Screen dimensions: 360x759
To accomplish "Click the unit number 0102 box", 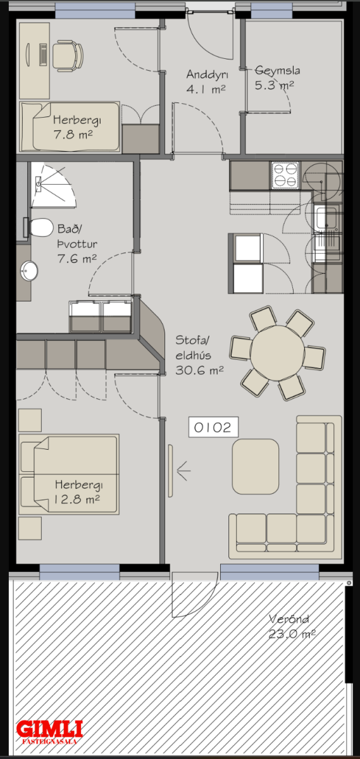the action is tap(214, 427).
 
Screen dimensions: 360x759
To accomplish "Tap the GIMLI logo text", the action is tap(49, 729).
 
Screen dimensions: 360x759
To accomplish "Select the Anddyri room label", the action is tap(207, 75).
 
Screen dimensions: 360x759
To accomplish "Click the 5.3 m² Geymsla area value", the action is tap(274, 85).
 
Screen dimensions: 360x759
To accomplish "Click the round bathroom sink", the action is tap(29, 271).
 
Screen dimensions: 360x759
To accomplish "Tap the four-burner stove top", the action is tap(285, 175).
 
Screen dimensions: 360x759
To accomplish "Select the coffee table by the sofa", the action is tap(256, 466).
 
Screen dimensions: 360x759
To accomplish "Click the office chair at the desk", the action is tap(68, 56).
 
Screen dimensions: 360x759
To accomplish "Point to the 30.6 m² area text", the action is tap(199, 370).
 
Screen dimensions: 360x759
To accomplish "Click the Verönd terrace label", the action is tap(289, 619).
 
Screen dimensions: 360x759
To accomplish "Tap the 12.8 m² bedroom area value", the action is tap(77, 500).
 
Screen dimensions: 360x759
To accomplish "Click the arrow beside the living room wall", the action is tap(183, 471).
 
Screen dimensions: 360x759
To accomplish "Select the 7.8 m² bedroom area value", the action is tap(73, 135).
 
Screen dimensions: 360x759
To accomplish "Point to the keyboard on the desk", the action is tap(43, 54).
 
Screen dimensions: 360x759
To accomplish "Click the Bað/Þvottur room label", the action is tap(77, 236).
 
